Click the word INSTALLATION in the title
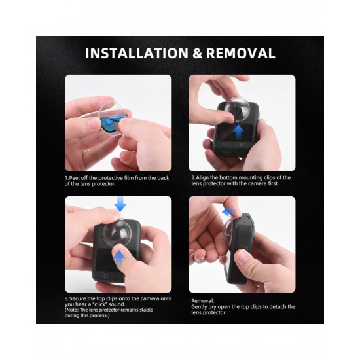(137, 53)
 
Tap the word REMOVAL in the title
(241, 53)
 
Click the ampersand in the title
(198, 53)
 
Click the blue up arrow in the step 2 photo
(239, 132)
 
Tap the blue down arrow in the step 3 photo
(120, 204)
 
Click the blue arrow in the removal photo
(228, 211)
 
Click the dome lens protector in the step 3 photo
(117, 232)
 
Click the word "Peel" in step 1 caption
(74, 178)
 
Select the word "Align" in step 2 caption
(202, 177)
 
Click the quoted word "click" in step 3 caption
(101, 304)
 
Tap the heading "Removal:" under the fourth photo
(203, 301)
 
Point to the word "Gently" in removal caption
(199, 307)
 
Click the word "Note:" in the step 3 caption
(72, 310)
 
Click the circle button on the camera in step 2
(225, 144)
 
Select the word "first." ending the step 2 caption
(273, 183)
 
